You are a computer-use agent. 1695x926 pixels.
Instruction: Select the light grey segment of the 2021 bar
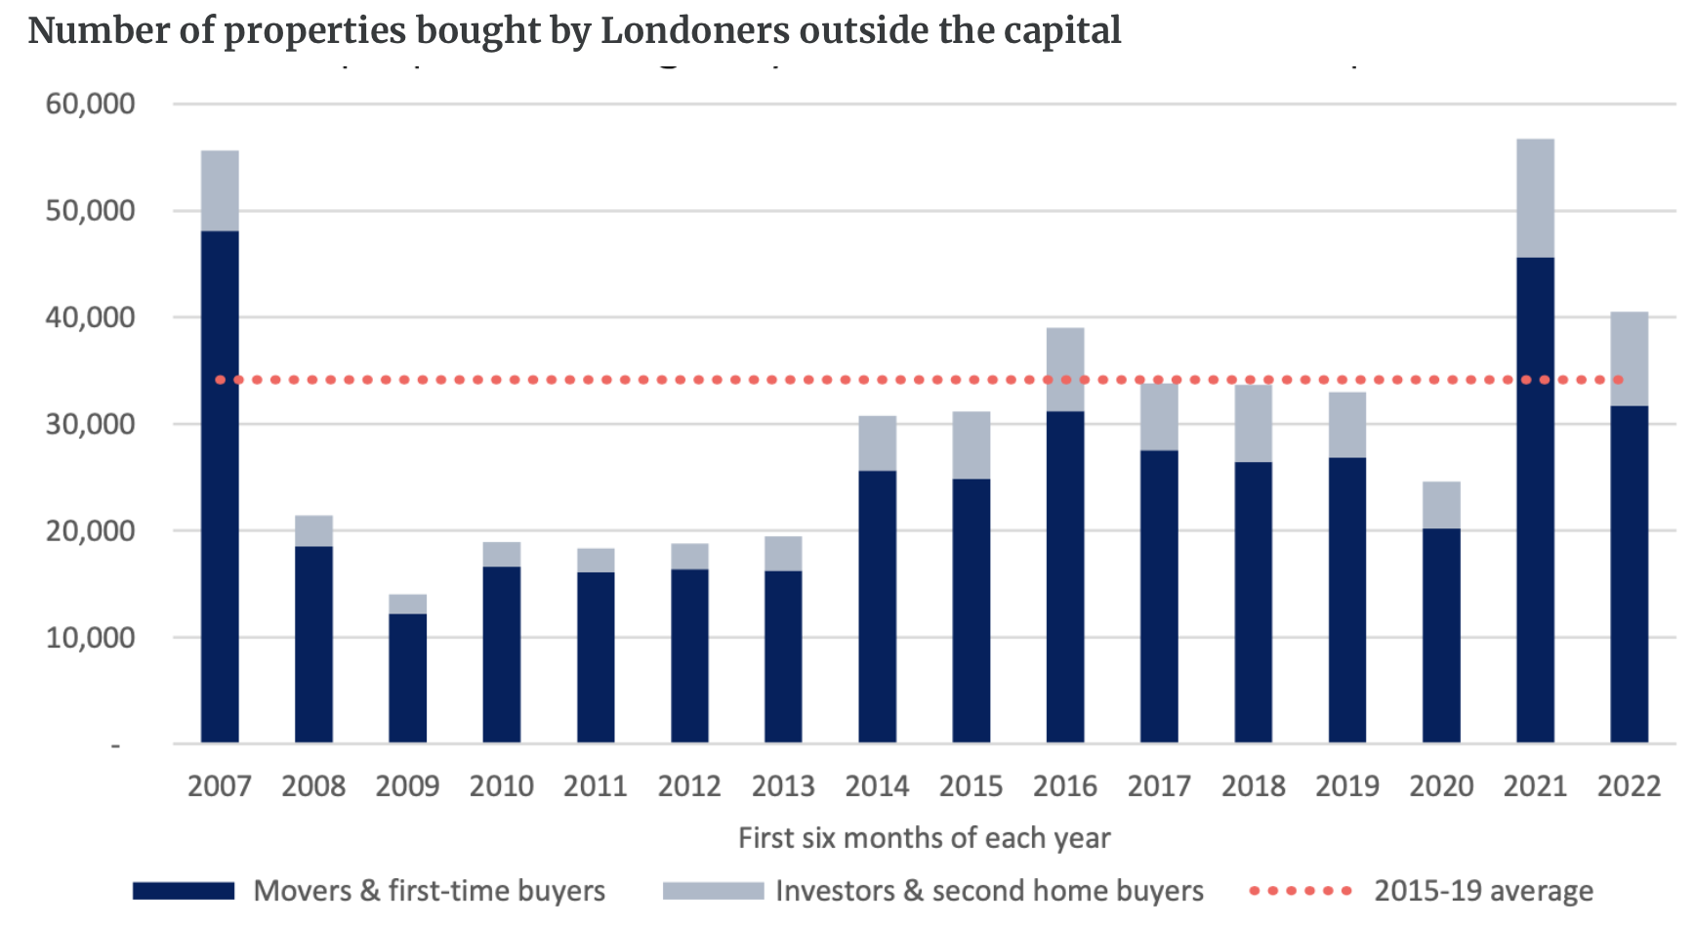click(x=1535, y=198)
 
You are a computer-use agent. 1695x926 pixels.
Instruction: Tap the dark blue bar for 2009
click(x=407, y=678)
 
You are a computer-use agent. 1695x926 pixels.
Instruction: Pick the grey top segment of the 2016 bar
click(x=1065, y=369)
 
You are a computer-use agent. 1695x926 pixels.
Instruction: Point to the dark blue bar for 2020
click(x=1441, y=635)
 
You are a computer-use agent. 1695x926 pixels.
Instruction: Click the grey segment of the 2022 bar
click(x=1629, y=358)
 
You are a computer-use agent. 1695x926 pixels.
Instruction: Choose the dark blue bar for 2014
click(x=877, y=606)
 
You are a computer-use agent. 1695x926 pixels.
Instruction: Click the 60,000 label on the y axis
click(x=90, y=104)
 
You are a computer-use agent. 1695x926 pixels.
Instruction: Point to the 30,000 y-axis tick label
click(x=90, y=424)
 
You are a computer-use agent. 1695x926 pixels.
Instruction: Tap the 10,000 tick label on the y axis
click(x=90, y=637)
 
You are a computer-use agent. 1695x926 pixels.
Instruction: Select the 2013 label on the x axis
click(x=783, y=786)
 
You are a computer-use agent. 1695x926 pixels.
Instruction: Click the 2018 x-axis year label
click(x=1253, y=786)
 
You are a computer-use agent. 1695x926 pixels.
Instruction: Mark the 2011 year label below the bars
click(x=595, y=786)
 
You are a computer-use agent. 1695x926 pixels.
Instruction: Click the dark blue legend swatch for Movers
click(x=184, y=891)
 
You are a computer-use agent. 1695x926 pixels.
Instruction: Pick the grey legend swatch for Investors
click(x=713, y=891)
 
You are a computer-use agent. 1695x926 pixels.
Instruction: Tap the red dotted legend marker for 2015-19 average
click(x=1301, y=891)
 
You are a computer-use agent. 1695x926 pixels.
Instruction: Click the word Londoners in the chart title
click(x=694, y=30)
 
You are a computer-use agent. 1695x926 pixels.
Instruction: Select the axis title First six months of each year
click(x=924, y=838)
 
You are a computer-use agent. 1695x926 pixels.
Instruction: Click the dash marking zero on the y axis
click(x=115, y=746)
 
